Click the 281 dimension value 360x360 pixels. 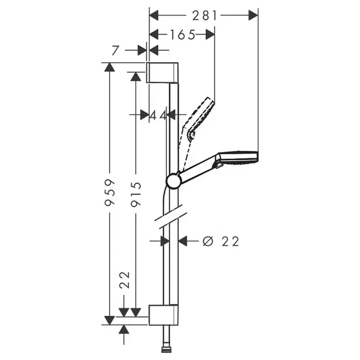click(x=205, y=16)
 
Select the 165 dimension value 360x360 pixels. click(x=183, y=35)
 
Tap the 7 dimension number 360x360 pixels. click(x=116, y=50)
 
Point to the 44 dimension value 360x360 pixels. click(x=158, y=115)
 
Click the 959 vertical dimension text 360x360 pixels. click(x=109, y=193)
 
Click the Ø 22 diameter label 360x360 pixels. click(x=221, y=241)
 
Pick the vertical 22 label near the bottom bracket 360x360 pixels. click(x=125, y=280)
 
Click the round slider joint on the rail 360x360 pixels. click(x=174, y=180)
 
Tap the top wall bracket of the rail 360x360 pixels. click(x=163, y=72)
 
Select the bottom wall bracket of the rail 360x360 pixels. click(x=163, y=315)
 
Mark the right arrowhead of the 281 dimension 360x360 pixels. click(x=253, y=15)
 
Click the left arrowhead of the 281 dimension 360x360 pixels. click(x=154, y=15)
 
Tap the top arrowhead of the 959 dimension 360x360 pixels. click(x=110, y=67)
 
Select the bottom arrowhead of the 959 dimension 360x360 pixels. click(x=110, y=320)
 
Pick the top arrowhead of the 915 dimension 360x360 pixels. click(x=136, y=76)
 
